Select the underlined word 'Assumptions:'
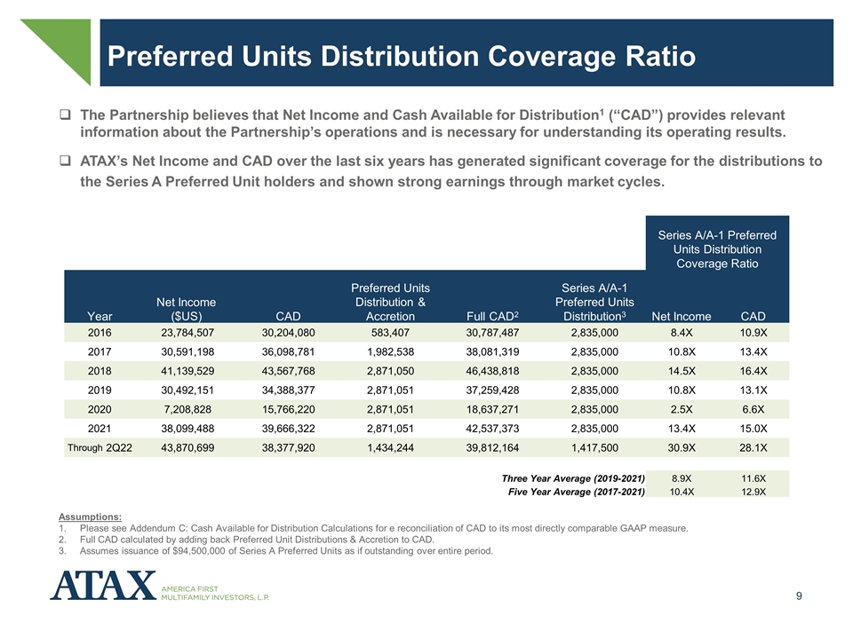(91, 517)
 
